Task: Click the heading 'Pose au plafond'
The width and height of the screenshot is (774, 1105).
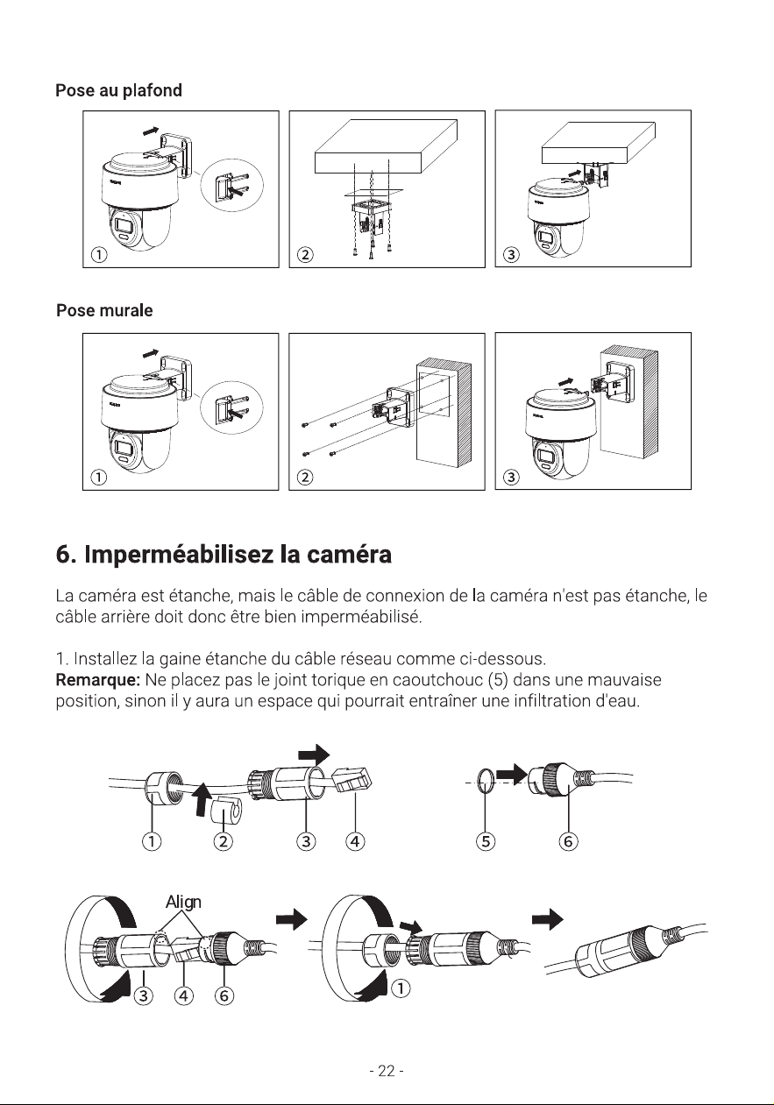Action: click(118, 90)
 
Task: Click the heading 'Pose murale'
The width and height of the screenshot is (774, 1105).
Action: click(104, 310)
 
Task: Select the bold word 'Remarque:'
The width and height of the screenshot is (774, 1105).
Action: click(98, 680)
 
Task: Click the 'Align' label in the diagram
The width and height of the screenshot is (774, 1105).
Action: click(183, 902)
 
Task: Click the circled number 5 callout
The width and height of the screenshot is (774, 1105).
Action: click(486, 841)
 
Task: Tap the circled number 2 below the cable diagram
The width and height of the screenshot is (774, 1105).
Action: click(223, 841)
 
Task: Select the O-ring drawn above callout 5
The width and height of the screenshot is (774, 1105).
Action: click(485, 783)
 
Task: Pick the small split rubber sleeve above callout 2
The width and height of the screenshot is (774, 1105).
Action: click(225, 809)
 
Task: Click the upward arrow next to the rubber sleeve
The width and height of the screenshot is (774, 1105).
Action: click(202, 799)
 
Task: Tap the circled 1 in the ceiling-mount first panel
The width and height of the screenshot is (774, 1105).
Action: click(99, 254)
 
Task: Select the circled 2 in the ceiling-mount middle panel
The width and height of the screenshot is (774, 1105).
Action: click(305, 254)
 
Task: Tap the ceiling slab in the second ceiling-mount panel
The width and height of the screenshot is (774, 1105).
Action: click(386, 146)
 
